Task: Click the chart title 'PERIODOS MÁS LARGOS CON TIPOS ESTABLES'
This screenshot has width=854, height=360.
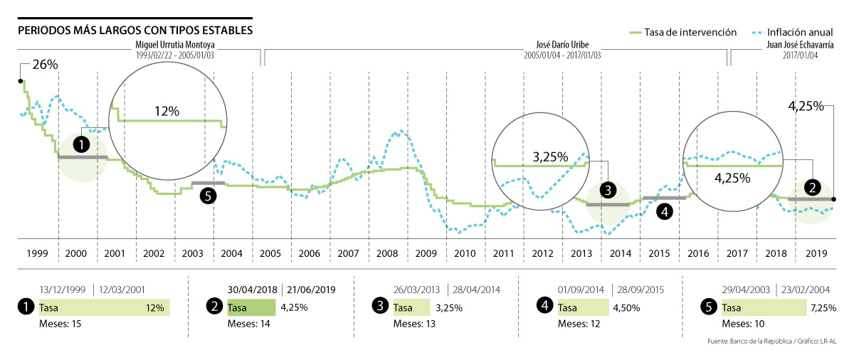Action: (x=135, y=31)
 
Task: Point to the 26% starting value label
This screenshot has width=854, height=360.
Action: (x=45, y=65)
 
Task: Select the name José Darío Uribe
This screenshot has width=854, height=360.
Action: (x=562, y=45)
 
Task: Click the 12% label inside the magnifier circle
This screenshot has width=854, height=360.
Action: (x=167, y=111)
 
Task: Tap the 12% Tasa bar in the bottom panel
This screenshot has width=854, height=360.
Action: (x=104, y=308)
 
